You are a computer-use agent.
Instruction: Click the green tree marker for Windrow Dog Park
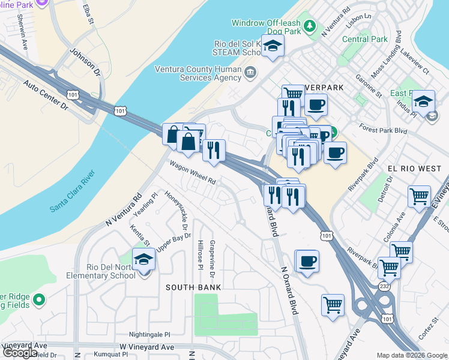pos(310,25)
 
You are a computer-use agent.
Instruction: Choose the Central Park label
pos(365,40)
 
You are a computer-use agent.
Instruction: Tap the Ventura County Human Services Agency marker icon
pos(250,73)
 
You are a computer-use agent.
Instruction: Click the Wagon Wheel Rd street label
pos(192,173)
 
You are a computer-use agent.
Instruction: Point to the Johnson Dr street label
pos(85,62)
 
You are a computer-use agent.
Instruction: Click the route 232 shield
pos(384,287)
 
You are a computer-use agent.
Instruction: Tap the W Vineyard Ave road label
pos(147,347)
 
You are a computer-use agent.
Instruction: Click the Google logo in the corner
pos(20,353)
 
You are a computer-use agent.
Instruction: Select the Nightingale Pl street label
pos(149,334)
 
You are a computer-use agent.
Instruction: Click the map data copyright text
pos(412,355)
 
